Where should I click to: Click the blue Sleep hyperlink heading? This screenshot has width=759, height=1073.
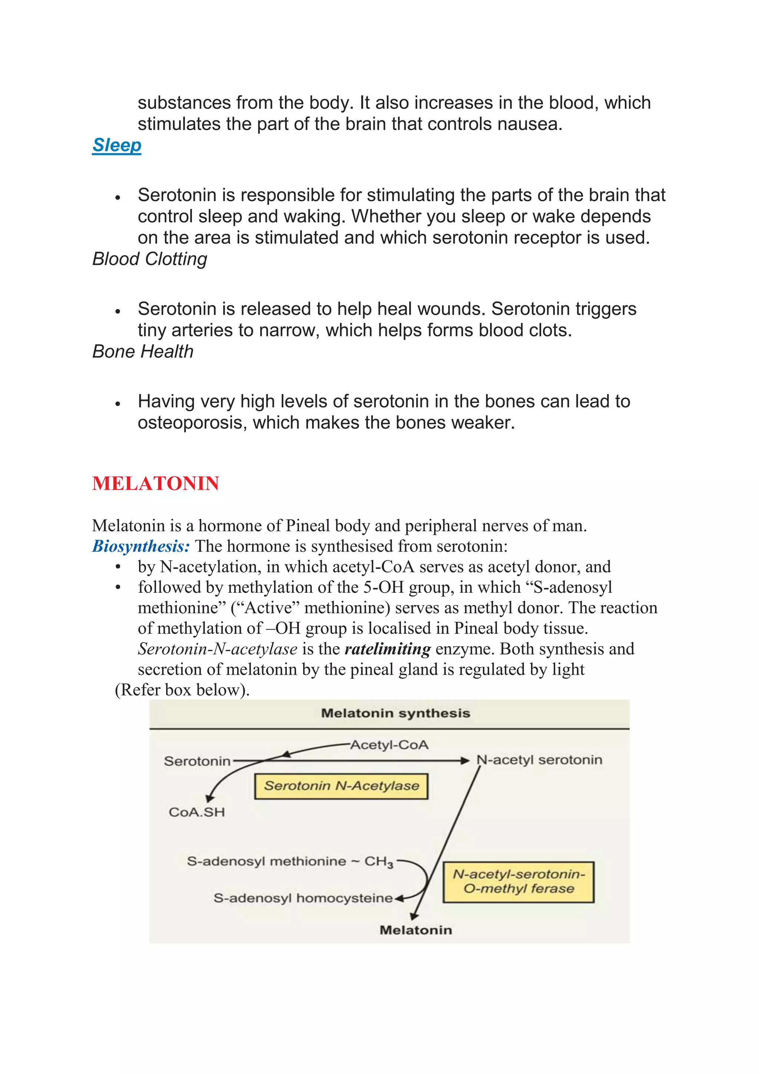pos(116,145)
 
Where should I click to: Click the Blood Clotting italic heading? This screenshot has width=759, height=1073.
pos(150,259)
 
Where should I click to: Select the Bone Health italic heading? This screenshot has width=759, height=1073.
pos(143,352)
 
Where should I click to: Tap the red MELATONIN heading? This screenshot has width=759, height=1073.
pos(156,483)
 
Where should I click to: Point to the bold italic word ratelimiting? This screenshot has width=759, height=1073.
pos(387,649)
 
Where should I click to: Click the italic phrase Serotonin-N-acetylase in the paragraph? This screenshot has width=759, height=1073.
pos(217,649)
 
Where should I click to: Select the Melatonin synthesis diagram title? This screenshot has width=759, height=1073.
pos(395,713)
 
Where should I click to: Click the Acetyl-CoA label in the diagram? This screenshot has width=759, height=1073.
pos(389,745)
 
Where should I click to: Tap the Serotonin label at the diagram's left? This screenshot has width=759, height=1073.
pos(197,761)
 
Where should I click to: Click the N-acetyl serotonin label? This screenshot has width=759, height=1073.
pos(539,760)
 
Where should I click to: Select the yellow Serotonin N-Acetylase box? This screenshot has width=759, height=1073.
pos(341,786)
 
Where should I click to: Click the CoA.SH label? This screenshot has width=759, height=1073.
pos(197,812)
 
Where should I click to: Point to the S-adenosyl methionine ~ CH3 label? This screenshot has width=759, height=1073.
pos(290,861)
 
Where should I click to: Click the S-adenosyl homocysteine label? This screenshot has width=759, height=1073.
pos(303,898)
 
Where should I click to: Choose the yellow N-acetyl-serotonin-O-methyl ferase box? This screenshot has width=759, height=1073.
pos(518,882)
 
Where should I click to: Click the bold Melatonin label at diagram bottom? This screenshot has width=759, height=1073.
pos(415,930)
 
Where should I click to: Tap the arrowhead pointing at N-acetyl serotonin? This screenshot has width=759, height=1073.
pos(465,761)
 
